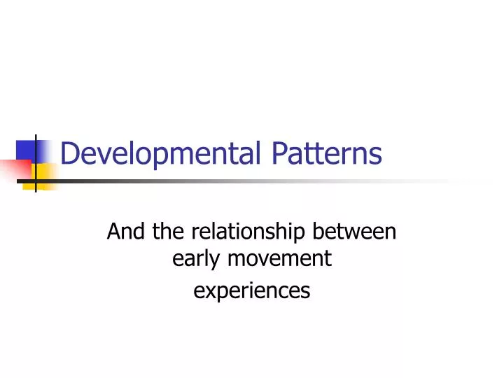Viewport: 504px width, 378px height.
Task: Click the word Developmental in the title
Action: pos(165,154)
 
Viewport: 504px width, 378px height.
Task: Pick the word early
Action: pos(193,259)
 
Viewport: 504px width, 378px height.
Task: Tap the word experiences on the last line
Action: pos(251,289)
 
